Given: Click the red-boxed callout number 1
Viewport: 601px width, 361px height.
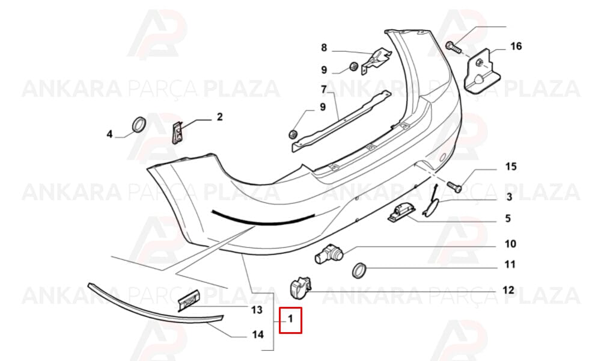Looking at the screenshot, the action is pyautogui.click(x=290, y=318).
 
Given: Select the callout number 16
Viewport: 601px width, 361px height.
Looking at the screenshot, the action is pyautogui.click(x=516, y=46).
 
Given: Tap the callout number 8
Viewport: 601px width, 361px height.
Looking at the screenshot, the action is pyautogui.click(x=324, y=48).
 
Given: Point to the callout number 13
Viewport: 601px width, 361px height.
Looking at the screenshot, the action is pyautogui.click(x=257, y=310).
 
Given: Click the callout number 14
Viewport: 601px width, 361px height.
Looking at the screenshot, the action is pyautogui.click(x=258, y=335).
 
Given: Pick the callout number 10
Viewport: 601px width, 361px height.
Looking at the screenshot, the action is pyautogui.click(x=510, y=244).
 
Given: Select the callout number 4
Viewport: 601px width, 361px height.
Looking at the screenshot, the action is pyautogui.click(x=109, y=134).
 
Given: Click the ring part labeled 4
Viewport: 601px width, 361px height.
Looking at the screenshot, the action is pyautogui.click(x=139, y=125).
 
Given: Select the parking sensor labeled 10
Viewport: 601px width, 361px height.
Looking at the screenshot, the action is pyautogui.click(x=329, y=253).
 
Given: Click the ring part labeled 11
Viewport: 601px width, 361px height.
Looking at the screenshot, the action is pyautogui.click(x=359, y=271).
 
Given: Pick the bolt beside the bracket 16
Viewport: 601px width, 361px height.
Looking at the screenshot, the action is pyautogui.click(x=453, y=48).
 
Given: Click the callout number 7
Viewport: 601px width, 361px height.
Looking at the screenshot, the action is pyautogui.click(x=324, y=90).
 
